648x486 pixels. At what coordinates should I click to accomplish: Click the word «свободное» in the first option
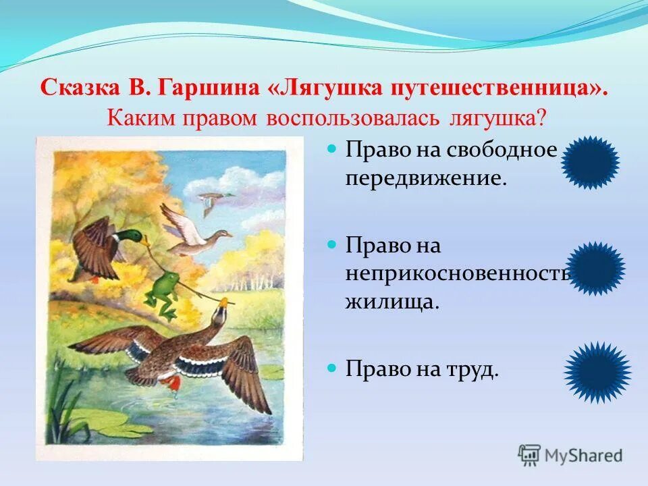click(x=501, y=150)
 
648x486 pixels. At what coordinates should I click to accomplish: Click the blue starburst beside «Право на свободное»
click(x=590, y=162)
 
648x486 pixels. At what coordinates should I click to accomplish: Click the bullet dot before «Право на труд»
click(x=331, y=369)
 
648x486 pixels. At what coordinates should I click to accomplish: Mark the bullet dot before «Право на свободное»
click(x=331, y=150)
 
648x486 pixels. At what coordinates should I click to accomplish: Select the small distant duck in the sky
click(x=215, y=199)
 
